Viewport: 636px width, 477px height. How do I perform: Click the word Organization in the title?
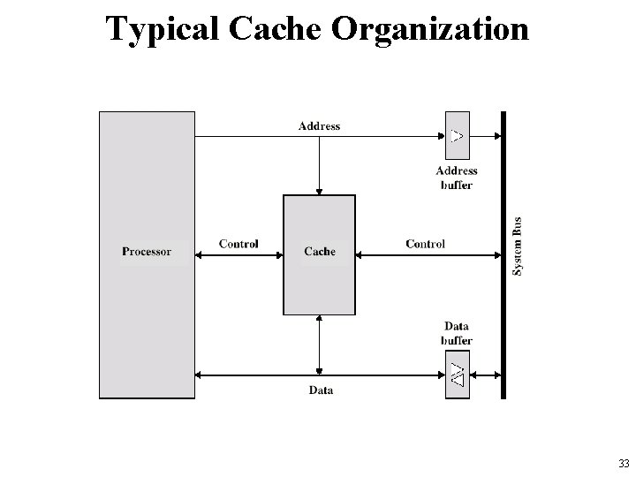430,28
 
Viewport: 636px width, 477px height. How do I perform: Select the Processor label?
147,252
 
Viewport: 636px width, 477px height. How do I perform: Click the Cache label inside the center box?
319,252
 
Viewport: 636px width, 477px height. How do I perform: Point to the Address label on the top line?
319,126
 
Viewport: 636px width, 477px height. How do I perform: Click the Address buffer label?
457,178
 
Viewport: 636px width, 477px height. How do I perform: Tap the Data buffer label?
457,333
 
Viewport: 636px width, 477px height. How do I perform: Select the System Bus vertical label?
519,245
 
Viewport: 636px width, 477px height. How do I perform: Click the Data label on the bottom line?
321,390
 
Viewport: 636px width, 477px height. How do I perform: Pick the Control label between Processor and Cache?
238,244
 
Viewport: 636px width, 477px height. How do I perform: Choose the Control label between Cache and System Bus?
425,244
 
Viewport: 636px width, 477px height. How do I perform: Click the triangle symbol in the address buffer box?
456,136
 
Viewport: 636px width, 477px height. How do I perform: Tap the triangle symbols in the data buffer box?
456,375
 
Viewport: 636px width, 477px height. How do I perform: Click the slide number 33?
624,464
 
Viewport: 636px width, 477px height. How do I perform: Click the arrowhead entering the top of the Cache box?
319,191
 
